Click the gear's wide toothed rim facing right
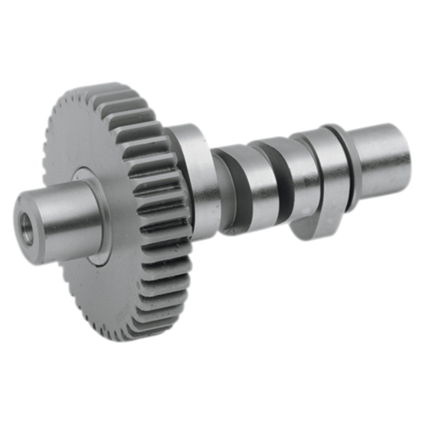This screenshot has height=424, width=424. [157, 212]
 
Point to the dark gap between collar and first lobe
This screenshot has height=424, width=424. [215, 182]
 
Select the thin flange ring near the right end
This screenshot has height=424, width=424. [337, 165]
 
